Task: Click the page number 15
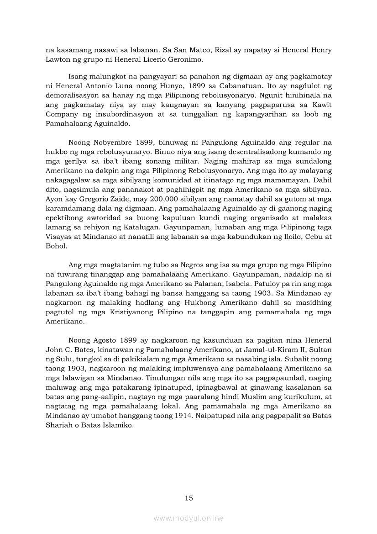pyautogui.click(x=189, y=498)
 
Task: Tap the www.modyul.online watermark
pyautogui.click(x=188, y=518)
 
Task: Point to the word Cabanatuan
pyautogui.click(x=229, y=85)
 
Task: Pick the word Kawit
pyautogui.click(x=320, y=105)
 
